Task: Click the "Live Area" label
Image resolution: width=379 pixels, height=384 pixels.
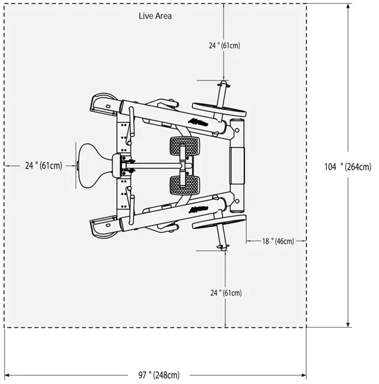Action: tap(155, 16)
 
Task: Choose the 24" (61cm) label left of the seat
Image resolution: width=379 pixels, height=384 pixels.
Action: tap(43, 166)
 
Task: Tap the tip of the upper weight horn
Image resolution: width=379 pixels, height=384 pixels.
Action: tap(224, 82)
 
